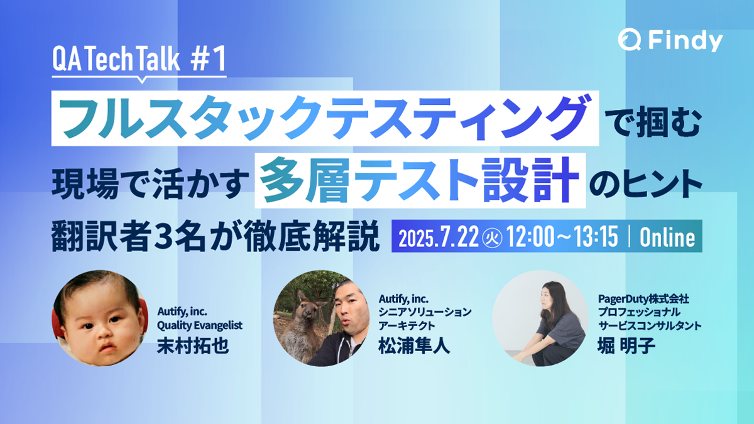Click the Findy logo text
(685, 41)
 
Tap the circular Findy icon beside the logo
(629, 41)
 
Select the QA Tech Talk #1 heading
(139, 62)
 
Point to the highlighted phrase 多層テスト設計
(420, 182)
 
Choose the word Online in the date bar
(667, 239)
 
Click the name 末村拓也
(192, 347)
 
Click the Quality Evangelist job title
(199, 325)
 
